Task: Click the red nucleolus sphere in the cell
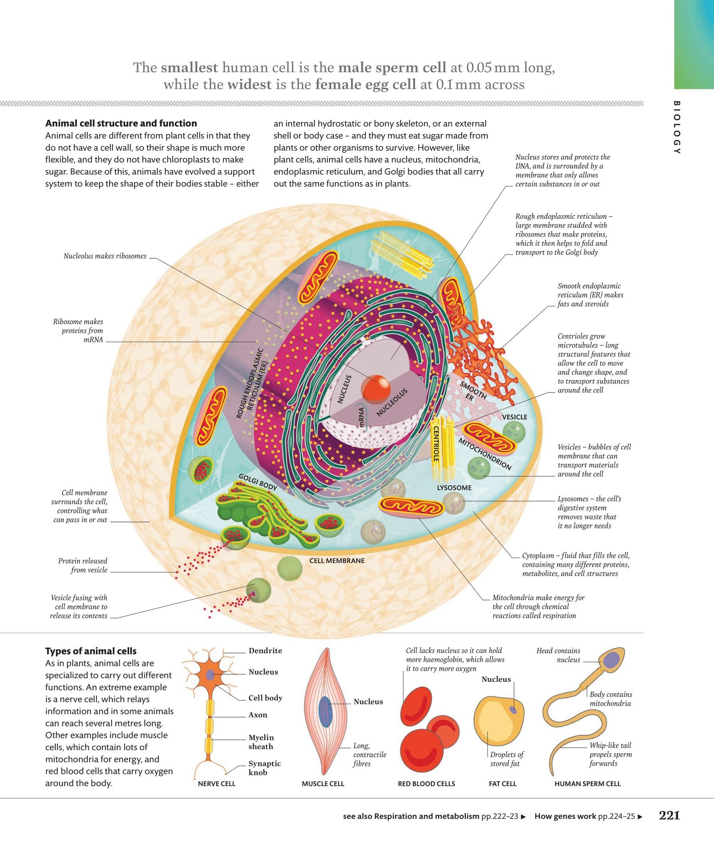point(376,389)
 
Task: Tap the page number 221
point(669,816)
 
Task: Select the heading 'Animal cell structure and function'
point(121,123)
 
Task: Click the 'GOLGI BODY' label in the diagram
point(258,482)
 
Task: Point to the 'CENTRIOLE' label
point(436,444)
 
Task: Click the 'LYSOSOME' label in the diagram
point(454,488)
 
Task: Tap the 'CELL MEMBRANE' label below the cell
point(337,561)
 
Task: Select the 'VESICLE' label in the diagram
point(515,417)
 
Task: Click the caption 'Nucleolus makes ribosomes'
point(105,256)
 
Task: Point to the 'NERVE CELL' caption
point(216,783)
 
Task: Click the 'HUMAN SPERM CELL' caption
point(587,783)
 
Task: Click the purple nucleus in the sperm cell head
point(612,660)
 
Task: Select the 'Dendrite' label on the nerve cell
point(265,651)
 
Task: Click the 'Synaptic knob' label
point(264,768)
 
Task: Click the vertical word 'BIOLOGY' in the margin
point(677,127)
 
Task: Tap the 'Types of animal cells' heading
point(91,651)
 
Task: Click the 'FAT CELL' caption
point(503,783)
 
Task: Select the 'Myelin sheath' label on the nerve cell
point(261,742)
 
